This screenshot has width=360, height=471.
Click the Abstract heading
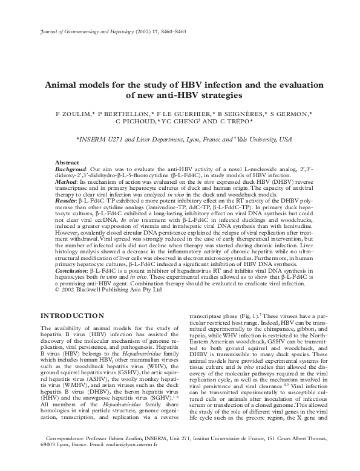pyautogui.click(x=68, y=163)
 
